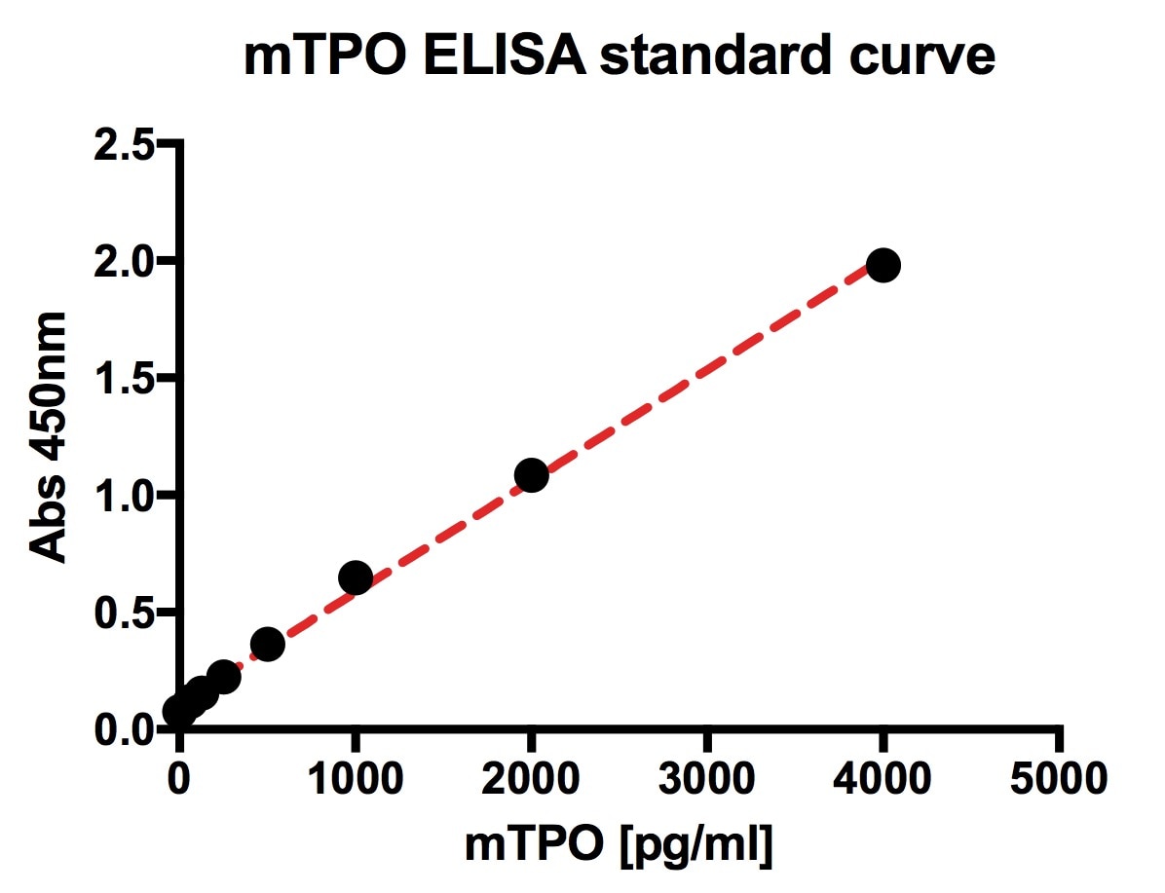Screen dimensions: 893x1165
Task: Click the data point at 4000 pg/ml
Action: click(x=883, y=265)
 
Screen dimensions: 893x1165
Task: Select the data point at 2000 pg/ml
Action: click(x=531, y=475)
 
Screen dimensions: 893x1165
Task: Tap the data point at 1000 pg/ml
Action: click(x=356, y=577)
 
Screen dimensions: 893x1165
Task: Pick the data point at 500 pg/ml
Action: click(x=268, y=644)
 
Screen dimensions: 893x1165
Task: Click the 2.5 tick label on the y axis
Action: click(x=123, y=145)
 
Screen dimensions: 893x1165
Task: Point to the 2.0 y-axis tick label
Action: click(x=123, y=262)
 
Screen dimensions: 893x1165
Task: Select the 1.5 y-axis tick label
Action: click(x=123, y=379)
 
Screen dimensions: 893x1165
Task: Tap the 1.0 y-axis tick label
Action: click(x=123, y=496)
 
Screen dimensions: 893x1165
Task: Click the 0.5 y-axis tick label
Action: click(x=123, y=613)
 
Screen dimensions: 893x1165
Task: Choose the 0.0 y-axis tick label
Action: click(x=123, y=729)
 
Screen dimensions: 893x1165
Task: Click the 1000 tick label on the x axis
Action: click(x=356, y=778)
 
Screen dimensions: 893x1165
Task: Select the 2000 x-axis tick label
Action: click(x=531, y=778)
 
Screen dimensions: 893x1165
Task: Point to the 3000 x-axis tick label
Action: click(x=707, y=778)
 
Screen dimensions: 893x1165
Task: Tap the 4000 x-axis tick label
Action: click(x=883, y=778)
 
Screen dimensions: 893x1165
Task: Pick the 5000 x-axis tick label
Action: click(x=1058, y=778)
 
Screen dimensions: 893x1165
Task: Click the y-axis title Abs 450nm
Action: click(x=49, y=437)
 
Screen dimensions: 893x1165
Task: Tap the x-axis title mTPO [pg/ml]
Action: click(x=619, y=844)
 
